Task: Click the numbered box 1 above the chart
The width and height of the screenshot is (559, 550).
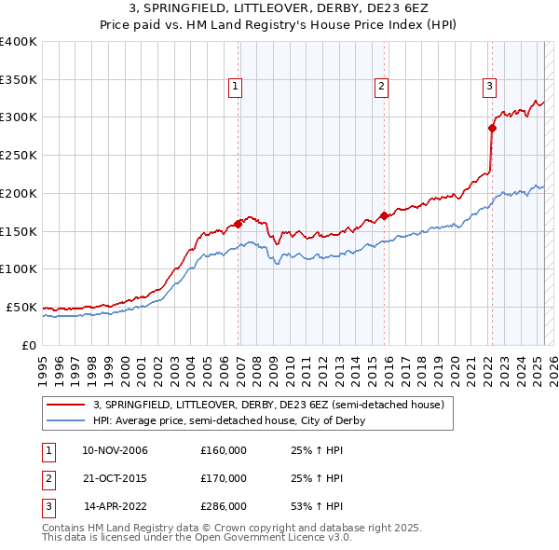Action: click(236, 87)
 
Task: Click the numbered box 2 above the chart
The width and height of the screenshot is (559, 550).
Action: click(382, 87)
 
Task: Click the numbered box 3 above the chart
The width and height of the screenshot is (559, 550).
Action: click(489, 87)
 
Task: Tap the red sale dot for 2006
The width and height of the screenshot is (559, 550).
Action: click(239, 223)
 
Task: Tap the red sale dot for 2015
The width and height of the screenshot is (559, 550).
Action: click(384, 215)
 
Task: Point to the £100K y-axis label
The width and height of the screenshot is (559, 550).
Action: click(19, 268)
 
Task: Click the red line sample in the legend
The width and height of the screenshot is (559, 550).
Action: click(66, 405)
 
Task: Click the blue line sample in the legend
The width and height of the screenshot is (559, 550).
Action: click(66, 420)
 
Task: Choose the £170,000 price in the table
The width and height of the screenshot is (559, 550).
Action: click(223, 478)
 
